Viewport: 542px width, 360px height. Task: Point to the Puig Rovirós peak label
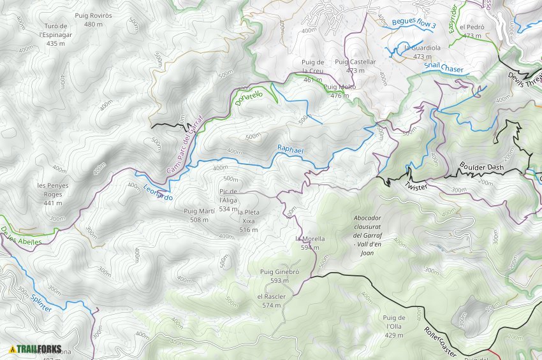[x=93, y=20]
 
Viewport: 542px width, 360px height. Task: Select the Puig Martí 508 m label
[x=199, y=215]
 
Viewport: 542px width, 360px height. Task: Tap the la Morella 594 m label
[x=311, y=243]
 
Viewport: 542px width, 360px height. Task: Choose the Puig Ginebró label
[x=279, y=276]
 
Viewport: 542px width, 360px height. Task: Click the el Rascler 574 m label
[x=271, y=301]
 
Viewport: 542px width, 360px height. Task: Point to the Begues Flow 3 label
[x=414, y=23]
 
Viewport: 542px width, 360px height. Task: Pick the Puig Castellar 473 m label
[x=355, y=66]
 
